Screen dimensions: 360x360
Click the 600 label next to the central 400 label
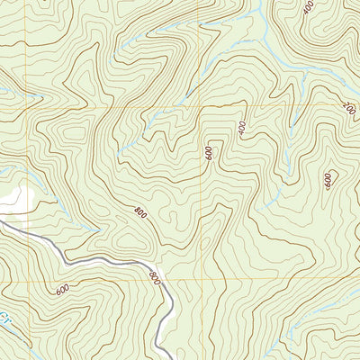coord(209,154)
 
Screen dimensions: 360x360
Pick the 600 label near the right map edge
coord(329,180)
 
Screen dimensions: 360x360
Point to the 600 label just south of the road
coord(61,289)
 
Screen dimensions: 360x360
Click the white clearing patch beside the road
coord(16,200)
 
